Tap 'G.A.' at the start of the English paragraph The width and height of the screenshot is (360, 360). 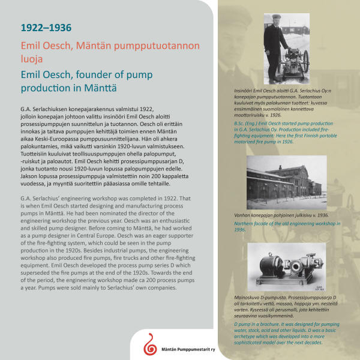[x=25, y=197]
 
